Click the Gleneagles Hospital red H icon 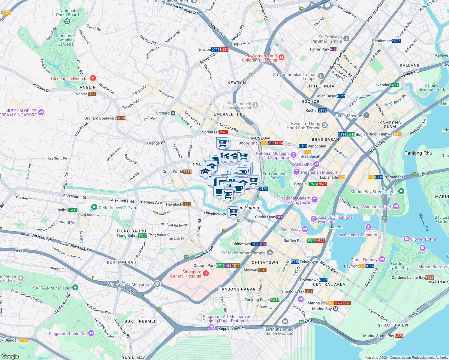(x=93, y=78)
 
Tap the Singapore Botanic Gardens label (x=65, y=40)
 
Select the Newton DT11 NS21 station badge (x=220, y=49)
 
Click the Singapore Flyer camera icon (x=396, y=206)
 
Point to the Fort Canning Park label (x=275, y=176)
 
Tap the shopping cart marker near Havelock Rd (x=233, y=212)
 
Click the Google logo (x=10, y=356)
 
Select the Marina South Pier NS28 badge (x=399, y=336)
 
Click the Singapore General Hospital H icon (x=206, y=273)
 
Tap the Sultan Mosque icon (x=366, y=115)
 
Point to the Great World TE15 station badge (x=187, y=172)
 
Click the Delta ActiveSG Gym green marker (x=94, y=207)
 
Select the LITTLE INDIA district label (x=320, y=86)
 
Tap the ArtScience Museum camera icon (x=369, y=227)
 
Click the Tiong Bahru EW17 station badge (x=142, y=235)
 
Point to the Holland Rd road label (x=42, y=88)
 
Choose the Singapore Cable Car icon (x=91, y=333)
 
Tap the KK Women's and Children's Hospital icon (x=281, y=57)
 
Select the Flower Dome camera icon (x=407, y=239)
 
